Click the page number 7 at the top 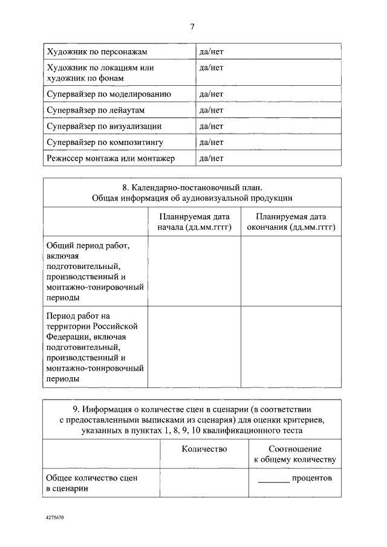coord(192,27)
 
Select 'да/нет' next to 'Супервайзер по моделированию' coord(212,94)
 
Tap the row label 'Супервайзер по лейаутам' coord(96,110)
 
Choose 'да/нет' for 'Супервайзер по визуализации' coord(212,126)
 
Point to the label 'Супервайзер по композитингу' coord(105,142)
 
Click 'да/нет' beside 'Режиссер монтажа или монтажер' coord(212,158)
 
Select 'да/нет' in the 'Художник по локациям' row coord(212,68)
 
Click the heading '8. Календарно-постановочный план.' coord(192,187)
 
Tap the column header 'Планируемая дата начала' coord(194,222)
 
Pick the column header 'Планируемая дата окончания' coord(290,222)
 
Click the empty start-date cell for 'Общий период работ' coord(194,271)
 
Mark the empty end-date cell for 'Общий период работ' coord(290,271)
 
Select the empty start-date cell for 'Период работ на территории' coord(194,347)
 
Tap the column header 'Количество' coord(204,449)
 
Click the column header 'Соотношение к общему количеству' coord(294,455)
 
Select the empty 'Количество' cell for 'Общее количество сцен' coord(204,483)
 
